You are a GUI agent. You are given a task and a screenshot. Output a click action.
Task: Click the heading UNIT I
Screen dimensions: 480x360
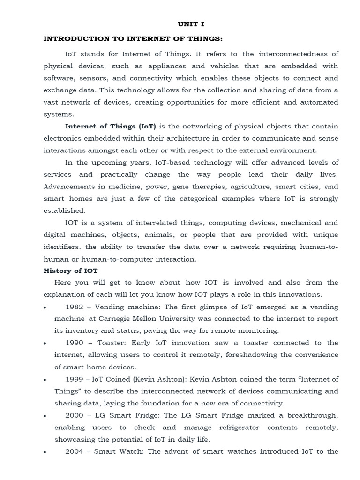[x=191, y=24]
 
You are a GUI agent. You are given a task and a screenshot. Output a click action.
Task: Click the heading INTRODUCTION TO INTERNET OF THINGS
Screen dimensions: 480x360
[x=133, y=39]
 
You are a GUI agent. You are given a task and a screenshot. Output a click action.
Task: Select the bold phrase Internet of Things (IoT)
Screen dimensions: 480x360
[x=111, y=127]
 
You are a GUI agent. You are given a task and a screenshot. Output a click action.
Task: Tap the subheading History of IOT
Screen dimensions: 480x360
[x=70, y=270]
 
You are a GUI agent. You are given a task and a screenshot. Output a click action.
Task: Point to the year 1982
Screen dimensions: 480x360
[x=75, y=307]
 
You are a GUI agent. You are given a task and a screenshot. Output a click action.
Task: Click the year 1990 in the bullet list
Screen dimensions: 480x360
[x=75, y=343]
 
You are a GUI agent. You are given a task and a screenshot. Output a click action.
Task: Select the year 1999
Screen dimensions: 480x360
[x=75, y=379]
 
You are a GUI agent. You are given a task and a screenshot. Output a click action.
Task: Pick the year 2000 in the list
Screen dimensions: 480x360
[x=75, y=416]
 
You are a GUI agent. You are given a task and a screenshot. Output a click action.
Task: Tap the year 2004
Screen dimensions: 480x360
[x=75, y=452]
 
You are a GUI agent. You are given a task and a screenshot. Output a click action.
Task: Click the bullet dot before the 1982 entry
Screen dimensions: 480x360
[x=45, y=307]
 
